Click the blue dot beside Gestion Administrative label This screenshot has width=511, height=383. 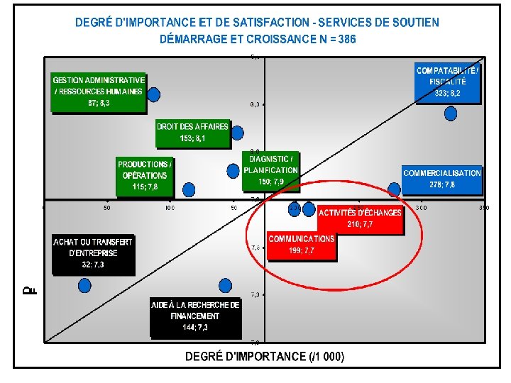coord(153,94)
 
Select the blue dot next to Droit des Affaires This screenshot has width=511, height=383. coord(237,132)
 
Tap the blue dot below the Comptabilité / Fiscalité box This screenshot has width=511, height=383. coord(450,113)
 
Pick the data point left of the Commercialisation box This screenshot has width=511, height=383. coord(395,189)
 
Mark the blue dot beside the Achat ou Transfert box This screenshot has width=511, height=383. coord(84,285)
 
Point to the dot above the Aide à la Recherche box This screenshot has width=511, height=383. coord(225,285)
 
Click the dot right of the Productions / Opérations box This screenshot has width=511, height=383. coord(189,189)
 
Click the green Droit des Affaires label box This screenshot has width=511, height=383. coord(192,133)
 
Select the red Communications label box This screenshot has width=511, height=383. coord(301,245)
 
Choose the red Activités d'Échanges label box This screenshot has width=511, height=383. coord(360,218)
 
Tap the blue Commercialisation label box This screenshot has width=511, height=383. coord(441,179)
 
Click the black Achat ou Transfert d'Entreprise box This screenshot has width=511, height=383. coord(92,253)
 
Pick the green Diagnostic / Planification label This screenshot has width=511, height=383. coord(270,170)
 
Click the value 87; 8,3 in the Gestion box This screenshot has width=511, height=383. coord(99,103)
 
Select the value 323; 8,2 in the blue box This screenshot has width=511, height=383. coord(447,93)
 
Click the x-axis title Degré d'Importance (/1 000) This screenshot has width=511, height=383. coord(264,357)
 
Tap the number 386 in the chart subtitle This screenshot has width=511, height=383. coord(348,40)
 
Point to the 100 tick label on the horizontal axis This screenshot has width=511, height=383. coord(170,208)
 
